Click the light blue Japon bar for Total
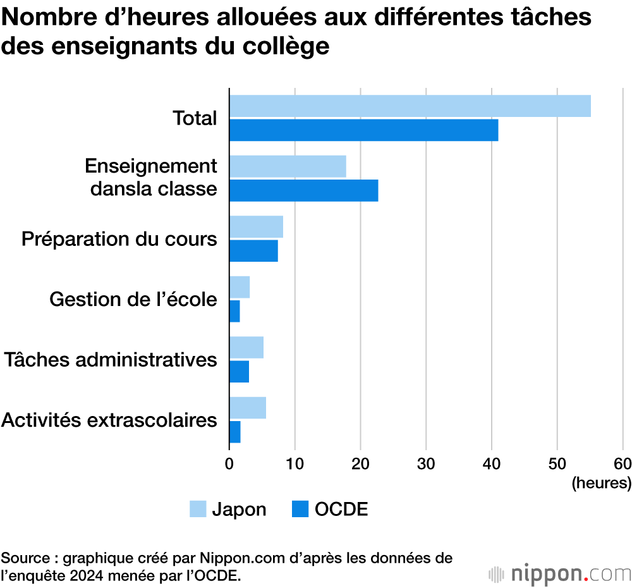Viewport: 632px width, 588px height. (410, 106)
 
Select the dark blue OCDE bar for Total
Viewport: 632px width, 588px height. (363, 130)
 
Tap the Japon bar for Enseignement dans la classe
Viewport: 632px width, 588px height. (288, 166)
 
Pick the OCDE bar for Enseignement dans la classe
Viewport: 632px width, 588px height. (303, 190)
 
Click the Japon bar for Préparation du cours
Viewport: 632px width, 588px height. (256, 227)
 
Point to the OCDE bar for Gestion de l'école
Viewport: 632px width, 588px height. (234, 311)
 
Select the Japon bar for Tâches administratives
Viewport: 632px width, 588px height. (246, 348)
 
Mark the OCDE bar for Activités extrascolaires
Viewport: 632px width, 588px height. (234, 432)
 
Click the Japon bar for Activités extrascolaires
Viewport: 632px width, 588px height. (248, 408)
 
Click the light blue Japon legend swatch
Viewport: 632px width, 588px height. (198, 509)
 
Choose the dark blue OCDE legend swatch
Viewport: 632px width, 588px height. (300, 509)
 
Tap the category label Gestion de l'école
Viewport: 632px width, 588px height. (133, 299)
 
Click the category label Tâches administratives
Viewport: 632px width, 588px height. (111, 360)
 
